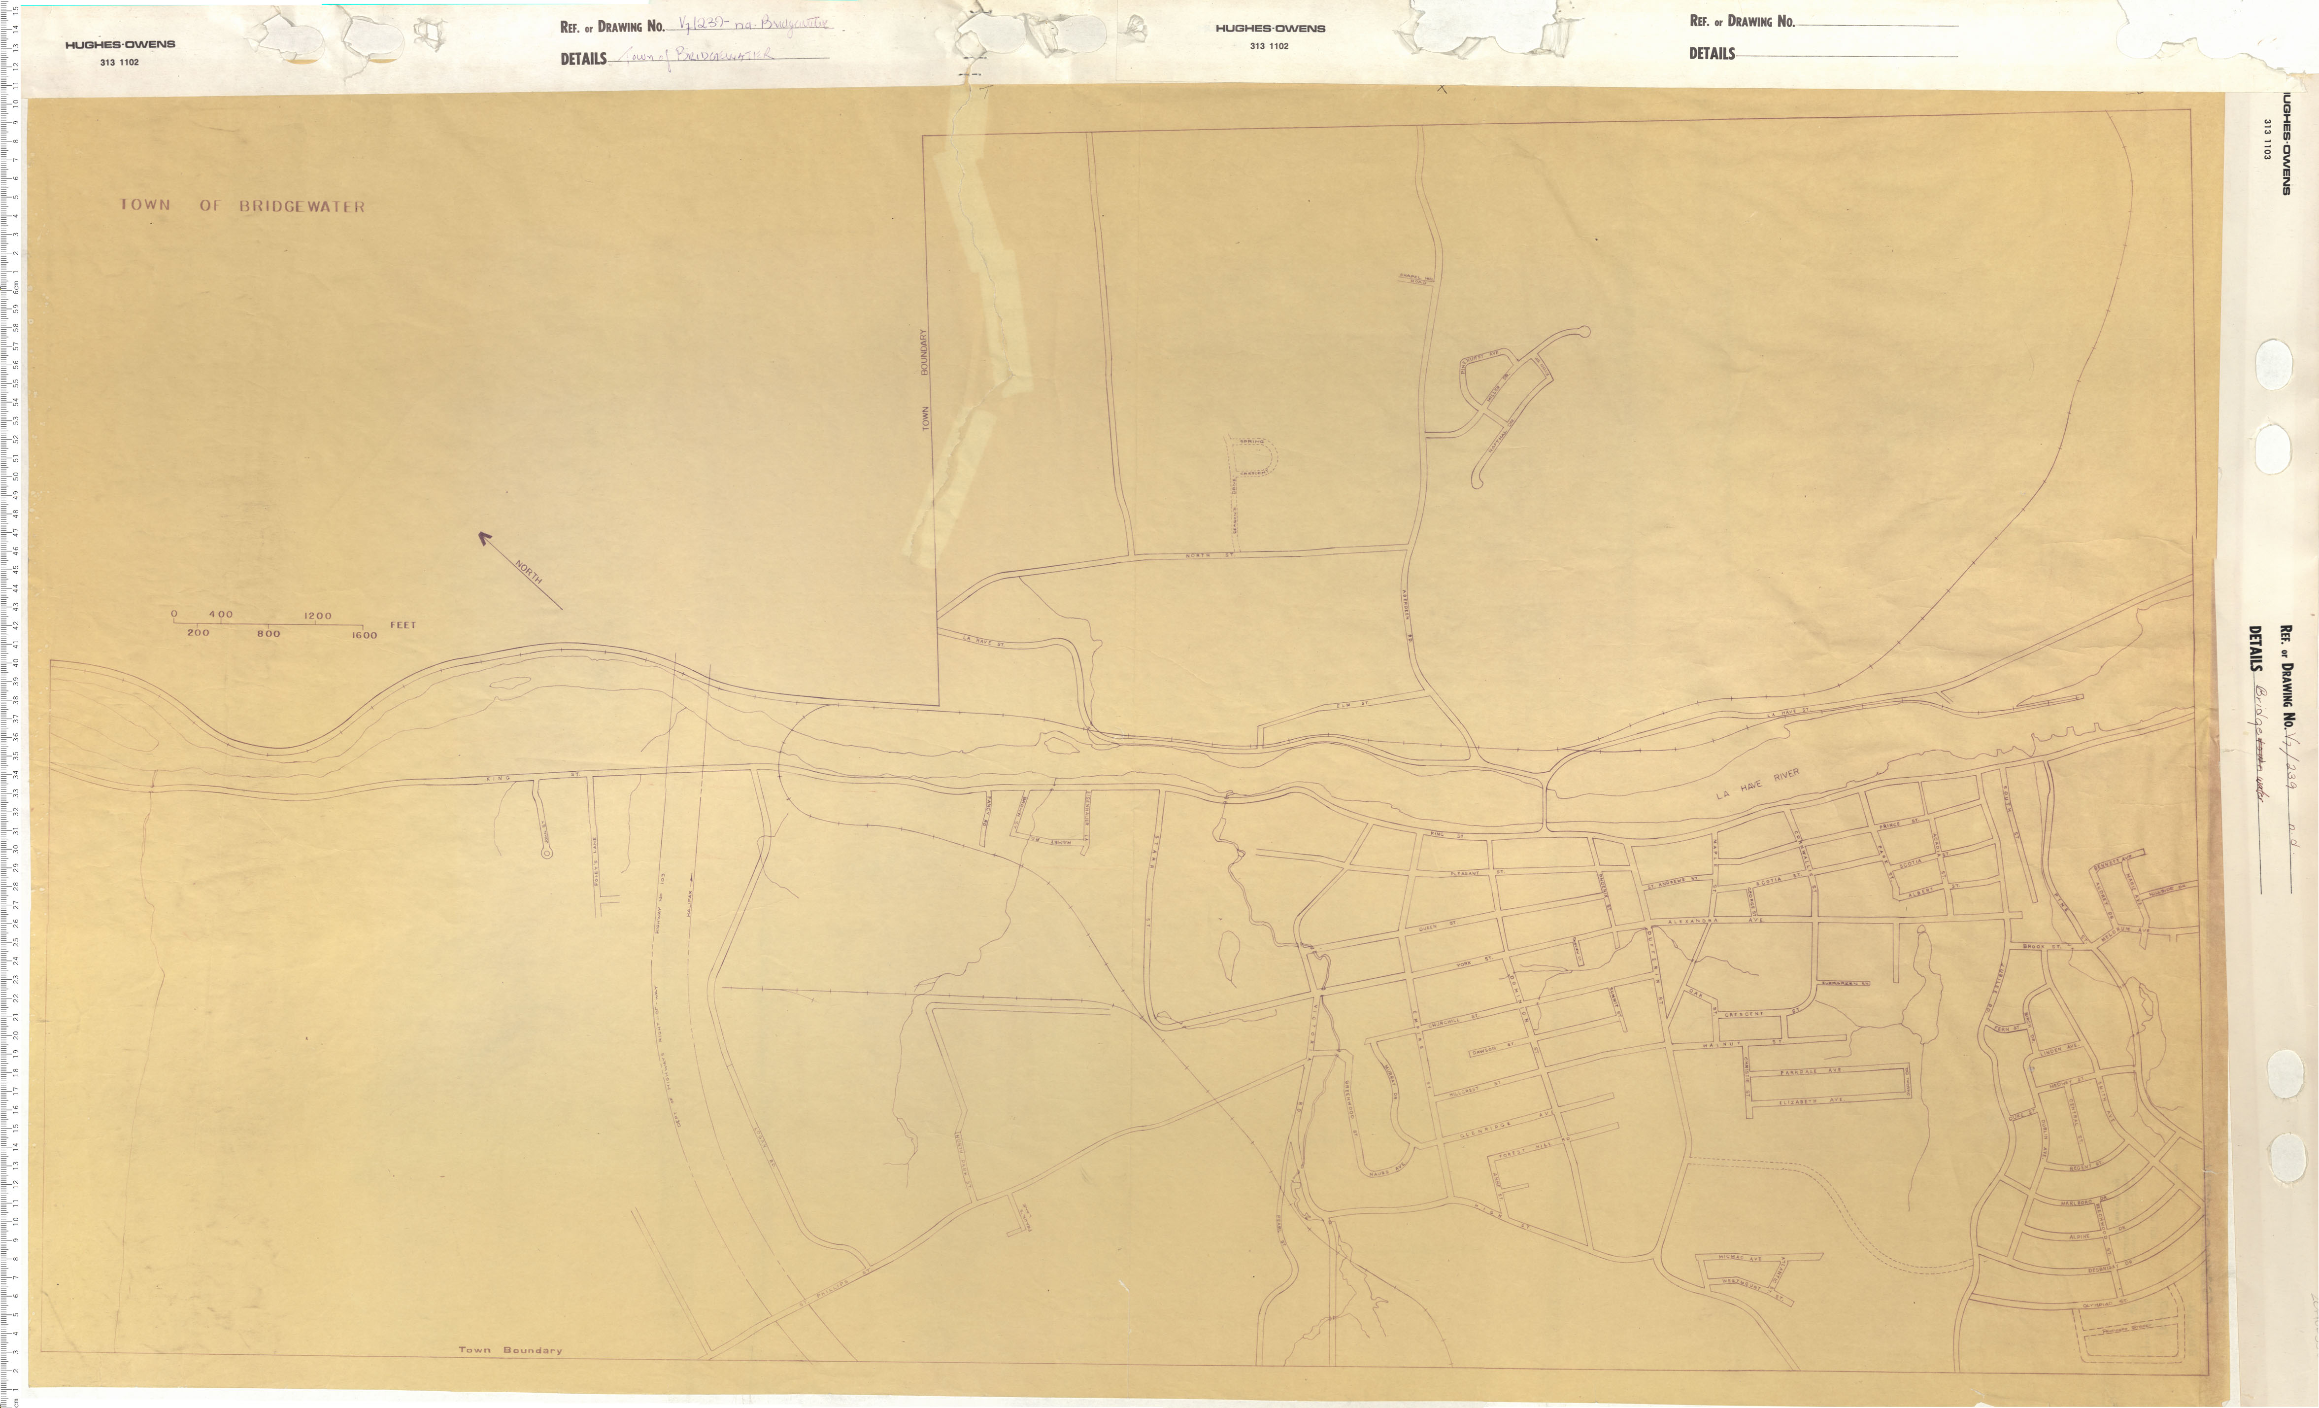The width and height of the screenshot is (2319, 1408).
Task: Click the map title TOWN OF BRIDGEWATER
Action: pos(242,205)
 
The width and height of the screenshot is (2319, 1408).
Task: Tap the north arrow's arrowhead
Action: pos(484,537)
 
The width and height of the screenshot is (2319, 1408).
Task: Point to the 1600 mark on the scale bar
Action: pos(364,635)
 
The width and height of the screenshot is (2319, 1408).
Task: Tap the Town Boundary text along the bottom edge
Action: pos(510,1350)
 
